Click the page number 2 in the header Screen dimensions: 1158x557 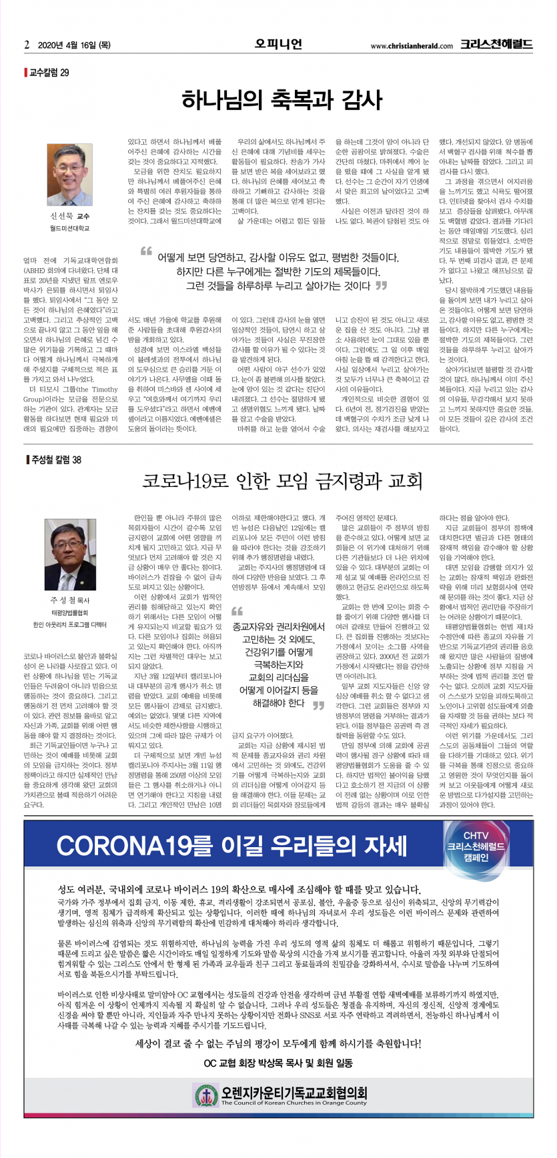click(x=27, y=45)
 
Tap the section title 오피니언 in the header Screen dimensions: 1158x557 click(x=278, y=44)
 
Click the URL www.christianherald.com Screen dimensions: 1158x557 click(x=411, y=46)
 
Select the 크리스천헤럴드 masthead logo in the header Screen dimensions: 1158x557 click(x=496, y=45)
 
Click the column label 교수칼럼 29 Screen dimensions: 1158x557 click(x=48, y=72)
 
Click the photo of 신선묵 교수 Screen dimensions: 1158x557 click(x=70, y=174)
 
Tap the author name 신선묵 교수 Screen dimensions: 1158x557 click(x=69, y=216)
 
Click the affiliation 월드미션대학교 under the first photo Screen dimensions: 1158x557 click(x=69, y=228)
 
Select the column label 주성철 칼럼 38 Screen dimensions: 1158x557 click(x=55, y=460)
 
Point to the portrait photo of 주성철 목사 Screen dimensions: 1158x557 click(x=70, y=554)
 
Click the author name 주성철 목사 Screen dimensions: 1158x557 click(x=69, y=600)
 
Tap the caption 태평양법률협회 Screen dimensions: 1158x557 click(x=69, y=612)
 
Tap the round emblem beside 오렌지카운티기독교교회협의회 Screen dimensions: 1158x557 click(x=206, y=1094)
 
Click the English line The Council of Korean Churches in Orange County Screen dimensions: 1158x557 click(x=294, y=1103)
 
